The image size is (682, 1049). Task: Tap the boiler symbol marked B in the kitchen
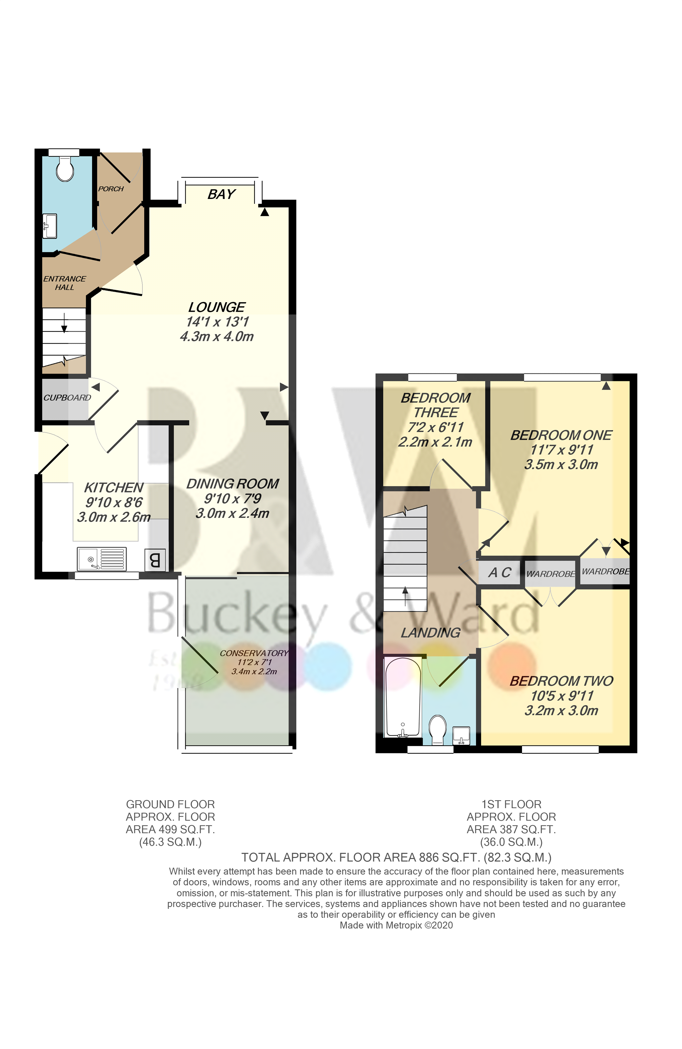click(x=154, y=560)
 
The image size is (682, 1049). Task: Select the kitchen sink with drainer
click(x=101, y=559)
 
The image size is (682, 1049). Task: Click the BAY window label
click(x=221, y=194)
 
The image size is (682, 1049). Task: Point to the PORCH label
click(x=110, y=188)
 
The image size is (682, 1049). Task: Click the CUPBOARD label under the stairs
click(x=67, y=398)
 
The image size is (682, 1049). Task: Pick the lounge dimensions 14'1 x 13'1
click(x=217, y=322)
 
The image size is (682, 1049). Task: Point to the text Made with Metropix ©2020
click(x=396, y=925)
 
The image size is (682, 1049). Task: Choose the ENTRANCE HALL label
click(x=64, y=283)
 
